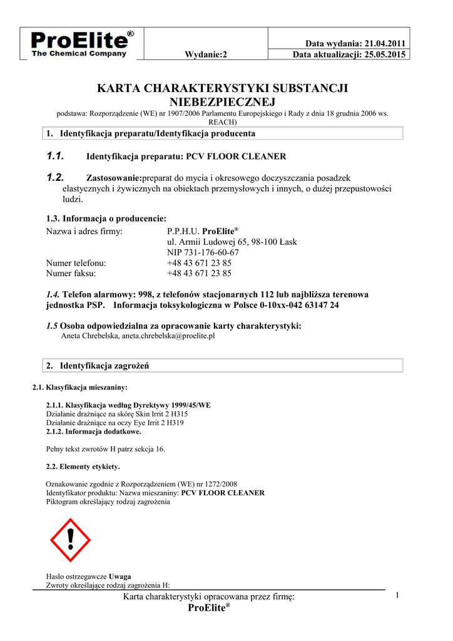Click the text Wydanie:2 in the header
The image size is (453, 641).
(x=206, y=54)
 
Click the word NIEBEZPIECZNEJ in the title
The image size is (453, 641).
(x=222, y=101)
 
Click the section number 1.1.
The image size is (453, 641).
(x=56, y=156)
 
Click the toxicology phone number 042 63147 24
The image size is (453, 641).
(x=310, y=305)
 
